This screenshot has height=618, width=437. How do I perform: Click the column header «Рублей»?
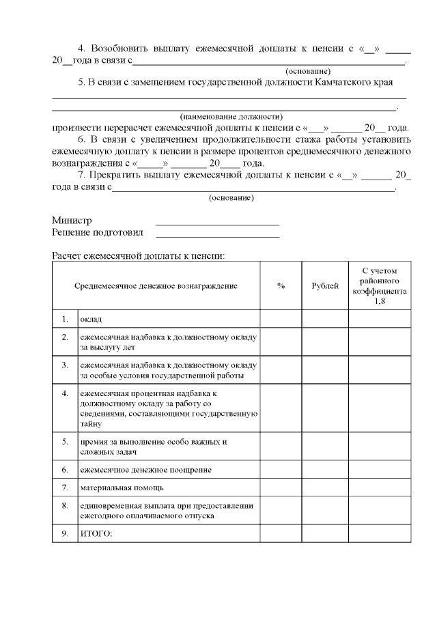point(325,286)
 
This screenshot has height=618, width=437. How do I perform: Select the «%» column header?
point(281,286)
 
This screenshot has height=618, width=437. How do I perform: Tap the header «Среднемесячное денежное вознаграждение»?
point(156,286)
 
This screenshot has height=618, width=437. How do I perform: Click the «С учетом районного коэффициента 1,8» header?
point(380,286)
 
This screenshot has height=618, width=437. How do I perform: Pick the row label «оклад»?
point(91,319)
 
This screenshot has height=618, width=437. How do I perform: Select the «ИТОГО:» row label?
point(96,533)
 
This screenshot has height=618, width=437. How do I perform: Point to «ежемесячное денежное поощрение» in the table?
point(145,470)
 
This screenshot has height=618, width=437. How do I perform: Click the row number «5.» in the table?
point(65,442)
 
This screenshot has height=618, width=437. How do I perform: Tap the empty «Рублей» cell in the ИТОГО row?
point(325,533)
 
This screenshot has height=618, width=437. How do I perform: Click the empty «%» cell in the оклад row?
point(281,319)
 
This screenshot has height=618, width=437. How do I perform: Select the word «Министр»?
point(72,221)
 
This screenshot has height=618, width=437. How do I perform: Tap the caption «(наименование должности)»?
point(231,116)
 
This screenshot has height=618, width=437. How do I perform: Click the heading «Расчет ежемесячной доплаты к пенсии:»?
point(138,256)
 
